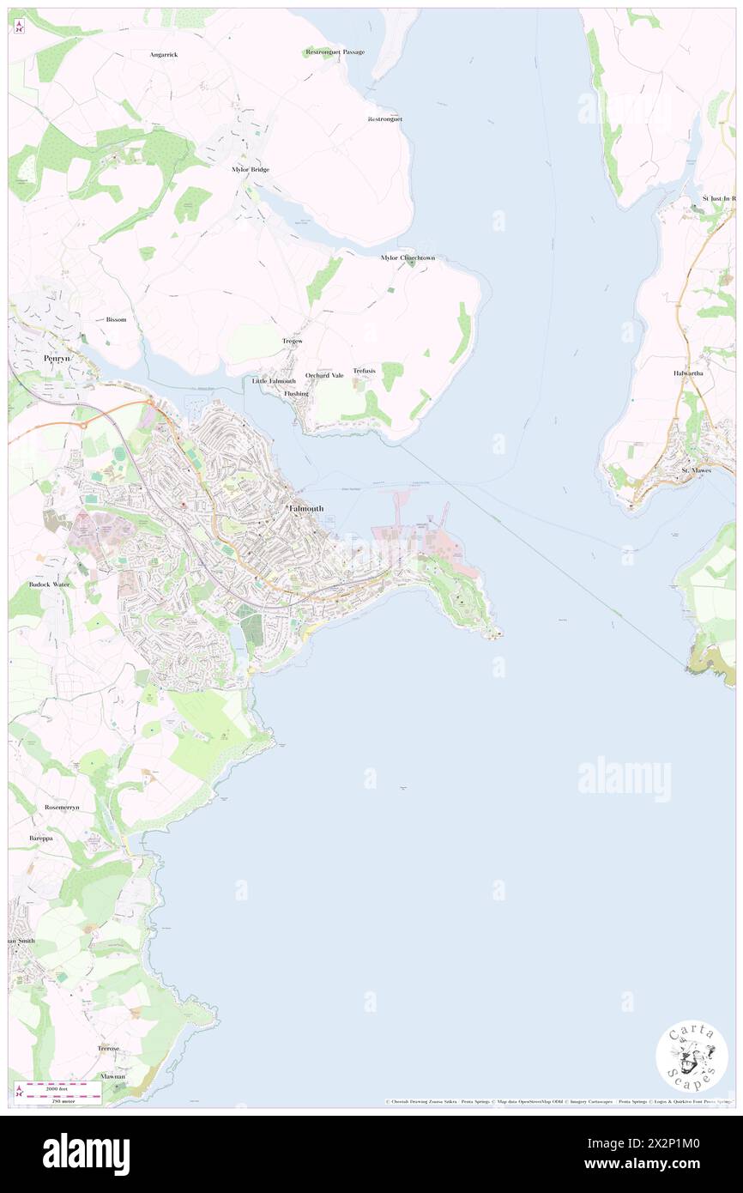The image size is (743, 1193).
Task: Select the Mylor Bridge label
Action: click(x=251, y=170)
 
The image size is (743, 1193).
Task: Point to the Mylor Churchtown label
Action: click(x=408, y=257)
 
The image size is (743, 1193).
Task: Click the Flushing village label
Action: click(x=296, y=393)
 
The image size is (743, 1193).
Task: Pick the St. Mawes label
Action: click(x=697, y=470)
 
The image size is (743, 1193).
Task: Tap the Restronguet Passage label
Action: click(x=335, y=52)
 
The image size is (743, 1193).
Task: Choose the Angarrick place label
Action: click(x=163, y=54)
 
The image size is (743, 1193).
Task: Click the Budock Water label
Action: click(x=49, y=584)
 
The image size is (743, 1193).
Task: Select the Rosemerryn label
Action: click(x=65, y=808)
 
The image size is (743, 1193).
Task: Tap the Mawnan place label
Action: click(x=112, y=1076)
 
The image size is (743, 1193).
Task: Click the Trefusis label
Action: click(x=364, y=371)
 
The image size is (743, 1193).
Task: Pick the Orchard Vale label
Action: click(x=324, y=375)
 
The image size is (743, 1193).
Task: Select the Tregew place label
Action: click(x=293, y=342)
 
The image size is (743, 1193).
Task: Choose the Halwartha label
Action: click(x=688, y=374)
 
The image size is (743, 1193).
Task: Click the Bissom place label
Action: click(x=116, y=319)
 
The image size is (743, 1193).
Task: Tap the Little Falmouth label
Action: click(x=274, y=381)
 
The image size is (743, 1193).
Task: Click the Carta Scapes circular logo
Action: click(x=692, y=1057)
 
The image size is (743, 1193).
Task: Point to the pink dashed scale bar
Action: click(x=57, y=1087)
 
